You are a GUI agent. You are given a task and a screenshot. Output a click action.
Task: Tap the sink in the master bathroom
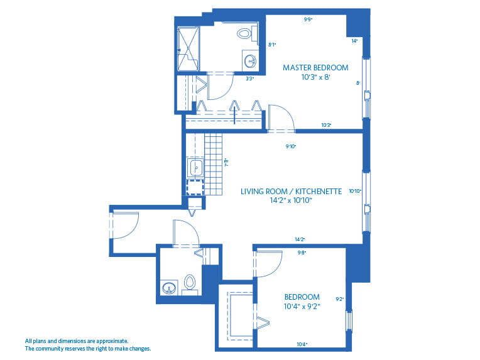pos(250,61)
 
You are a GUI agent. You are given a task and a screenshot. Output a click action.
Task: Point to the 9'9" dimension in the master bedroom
pos(308,19)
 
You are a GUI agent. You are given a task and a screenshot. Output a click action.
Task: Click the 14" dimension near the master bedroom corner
pos(354,41)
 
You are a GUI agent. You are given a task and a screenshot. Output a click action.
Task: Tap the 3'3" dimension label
pos(249,79)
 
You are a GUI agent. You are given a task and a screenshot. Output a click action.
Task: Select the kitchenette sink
pos(195,168)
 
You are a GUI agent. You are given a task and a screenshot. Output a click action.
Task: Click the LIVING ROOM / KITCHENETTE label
pos(291,191)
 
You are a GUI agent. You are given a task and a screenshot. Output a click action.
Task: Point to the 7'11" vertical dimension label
pos(226,161)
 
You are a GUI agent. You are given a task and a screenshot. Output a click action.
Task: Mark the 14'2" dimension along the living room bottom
pos(300,239)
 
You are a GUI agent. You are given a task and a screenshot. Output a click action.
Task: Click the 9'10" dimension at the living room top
pos(290,146)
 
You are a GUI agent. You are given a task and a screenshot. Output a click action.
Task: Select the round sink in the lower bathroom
pos(168,288)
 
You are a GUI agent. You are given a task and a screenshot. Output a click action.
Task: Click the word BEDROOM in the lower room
pos(302,297)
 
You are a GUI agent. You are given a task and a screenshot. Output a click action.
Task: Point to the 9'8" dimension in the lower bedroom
pos(301,253)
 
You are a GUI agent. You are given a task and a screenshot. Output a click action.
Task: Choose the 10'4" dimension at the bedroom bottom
pos(302,344)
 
